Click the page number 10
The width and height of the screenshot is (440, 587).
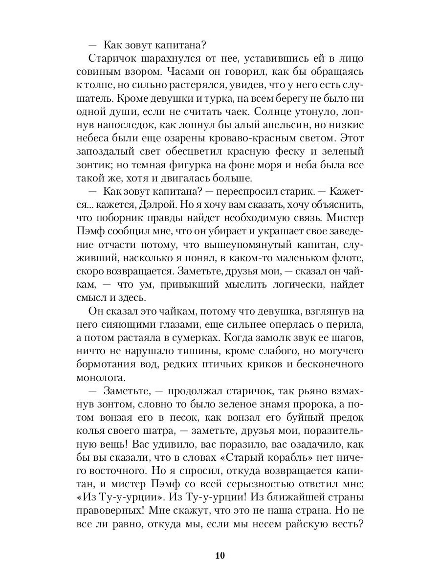[220, 555]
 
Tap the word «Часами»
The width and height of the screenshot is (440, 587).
[183, 71]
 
